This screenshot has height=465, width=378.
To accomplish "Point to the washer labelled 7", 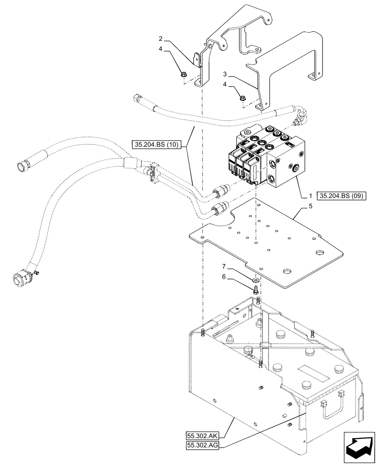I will [x=256, y=280].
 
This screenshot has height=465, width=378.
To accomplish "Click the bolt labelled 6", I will [x=256, y=290].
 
